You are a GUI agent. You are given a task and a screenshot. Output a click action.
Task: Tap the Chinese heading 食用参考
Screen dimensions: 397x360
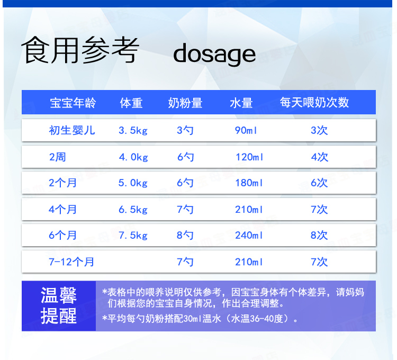(80, 50)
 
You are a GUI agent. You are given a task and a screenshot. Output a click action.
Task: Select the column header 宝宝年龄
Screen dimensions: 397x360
(73, 103)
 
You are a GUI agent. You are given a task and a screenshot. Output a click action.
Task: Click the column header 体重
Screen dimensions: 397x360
(131, 103)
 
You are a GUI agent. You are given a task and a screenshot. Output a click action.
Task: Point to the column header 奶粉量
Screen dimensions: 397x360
(185, 103)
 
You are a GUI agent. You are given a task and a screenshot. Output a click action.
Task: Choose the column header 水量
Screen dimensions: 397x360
(241, 103)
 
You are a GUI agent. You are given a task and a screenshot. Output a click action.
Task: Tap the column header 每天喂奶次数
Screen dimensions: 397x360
(314, 103)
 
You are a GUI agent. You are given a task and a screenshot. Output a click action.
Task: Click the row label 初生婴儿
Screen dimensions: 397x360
(72, 130)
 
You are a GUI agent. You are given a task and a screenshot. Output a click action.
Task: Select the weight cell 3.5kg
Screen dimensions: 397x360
(133, 130)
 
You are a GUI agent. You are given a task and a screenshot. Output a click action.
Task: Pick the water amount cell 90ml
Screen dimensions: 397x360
(246, 130)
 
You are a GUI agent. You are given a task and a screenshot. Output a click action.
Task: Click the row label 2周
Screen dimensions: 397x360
(58, 157)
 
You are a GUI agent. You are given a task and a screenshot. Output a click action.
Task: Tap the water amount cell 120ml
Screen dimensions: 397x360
(249, 157)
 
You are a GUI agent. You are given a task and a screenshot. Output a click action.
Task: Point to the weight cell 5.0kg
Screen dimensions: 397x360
(133, 183)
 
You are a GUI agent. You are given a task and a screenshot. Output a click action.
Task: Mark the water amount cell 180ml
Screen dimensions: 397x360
(249, 183)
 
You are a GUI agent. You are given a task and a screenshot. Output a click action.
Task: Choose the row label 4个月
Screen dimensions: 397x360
(62, 209)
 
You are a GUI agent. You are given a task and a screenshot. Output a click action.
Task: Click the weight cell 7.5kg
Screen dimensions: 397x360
(133, 235)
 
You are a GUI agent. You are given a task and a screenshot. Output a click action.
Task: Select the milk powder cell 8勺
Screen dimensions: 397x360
(185, 235)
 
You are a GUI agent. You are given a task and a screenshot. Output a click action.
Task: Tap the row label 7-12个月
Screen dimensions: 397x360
(71, 262)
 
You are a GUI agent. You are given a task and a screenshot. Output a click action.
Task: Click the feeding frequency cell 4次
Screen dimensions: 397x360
(320, 157)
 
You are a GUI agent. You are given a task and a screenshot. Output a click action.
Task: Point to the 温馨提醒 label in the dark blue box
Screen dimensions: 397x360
(59, 305)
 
